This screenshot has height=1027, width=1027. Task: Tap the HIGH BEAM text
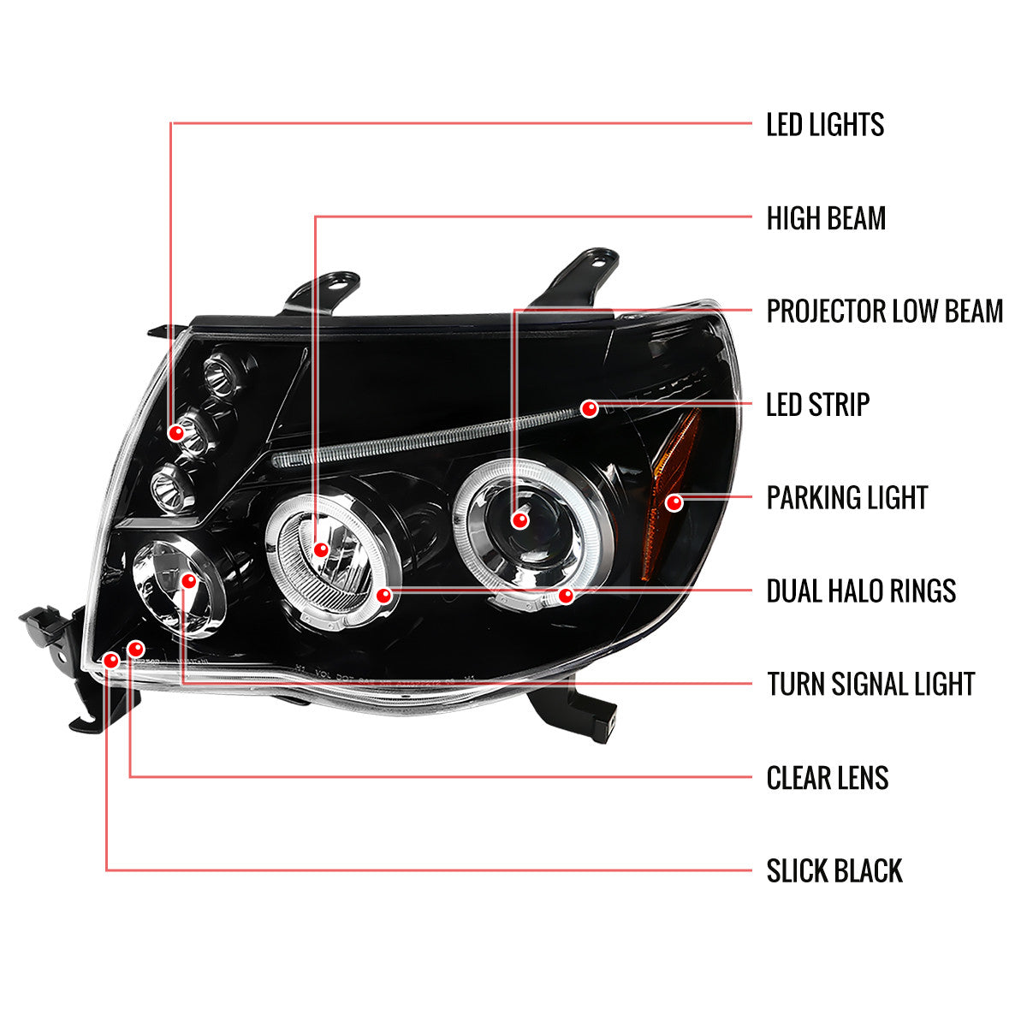point(826,218)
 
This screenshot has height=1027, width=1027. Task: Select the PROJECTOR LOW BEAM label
point(884,311)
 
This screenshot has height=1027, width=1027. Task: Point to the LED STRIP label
point(817,405)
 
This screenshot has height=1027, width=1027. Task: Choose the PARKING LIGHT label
point(846,497)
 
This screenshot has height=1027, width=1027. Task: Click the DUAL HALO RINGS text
point(861,591)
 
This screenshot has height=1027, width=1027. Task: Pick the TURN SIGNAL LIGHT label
point(870,684)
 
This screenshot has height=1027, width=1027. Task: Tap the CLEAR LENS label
point(827,778)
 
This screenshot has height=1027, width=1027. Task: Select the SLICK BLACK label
point(834,871)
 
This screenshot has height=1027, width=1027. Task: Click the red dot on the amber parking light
point(674,502)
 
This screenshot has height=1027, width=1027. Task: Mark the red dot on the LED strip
point(589,408)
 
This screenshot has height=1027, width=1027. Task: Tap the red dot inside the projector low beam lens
point(519,519)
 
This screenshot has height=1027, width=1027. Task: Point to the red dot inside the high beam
point(321,549)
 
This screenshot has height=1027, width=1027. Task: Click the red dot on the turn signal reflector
point(189,581)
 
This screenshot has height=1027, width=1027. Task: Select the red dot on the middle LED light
point(177,433)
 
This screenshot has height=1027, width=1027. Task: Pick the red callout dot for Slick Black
point(110,659)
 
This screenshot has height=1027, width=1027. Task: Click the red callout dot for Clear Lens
point(134,649)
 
